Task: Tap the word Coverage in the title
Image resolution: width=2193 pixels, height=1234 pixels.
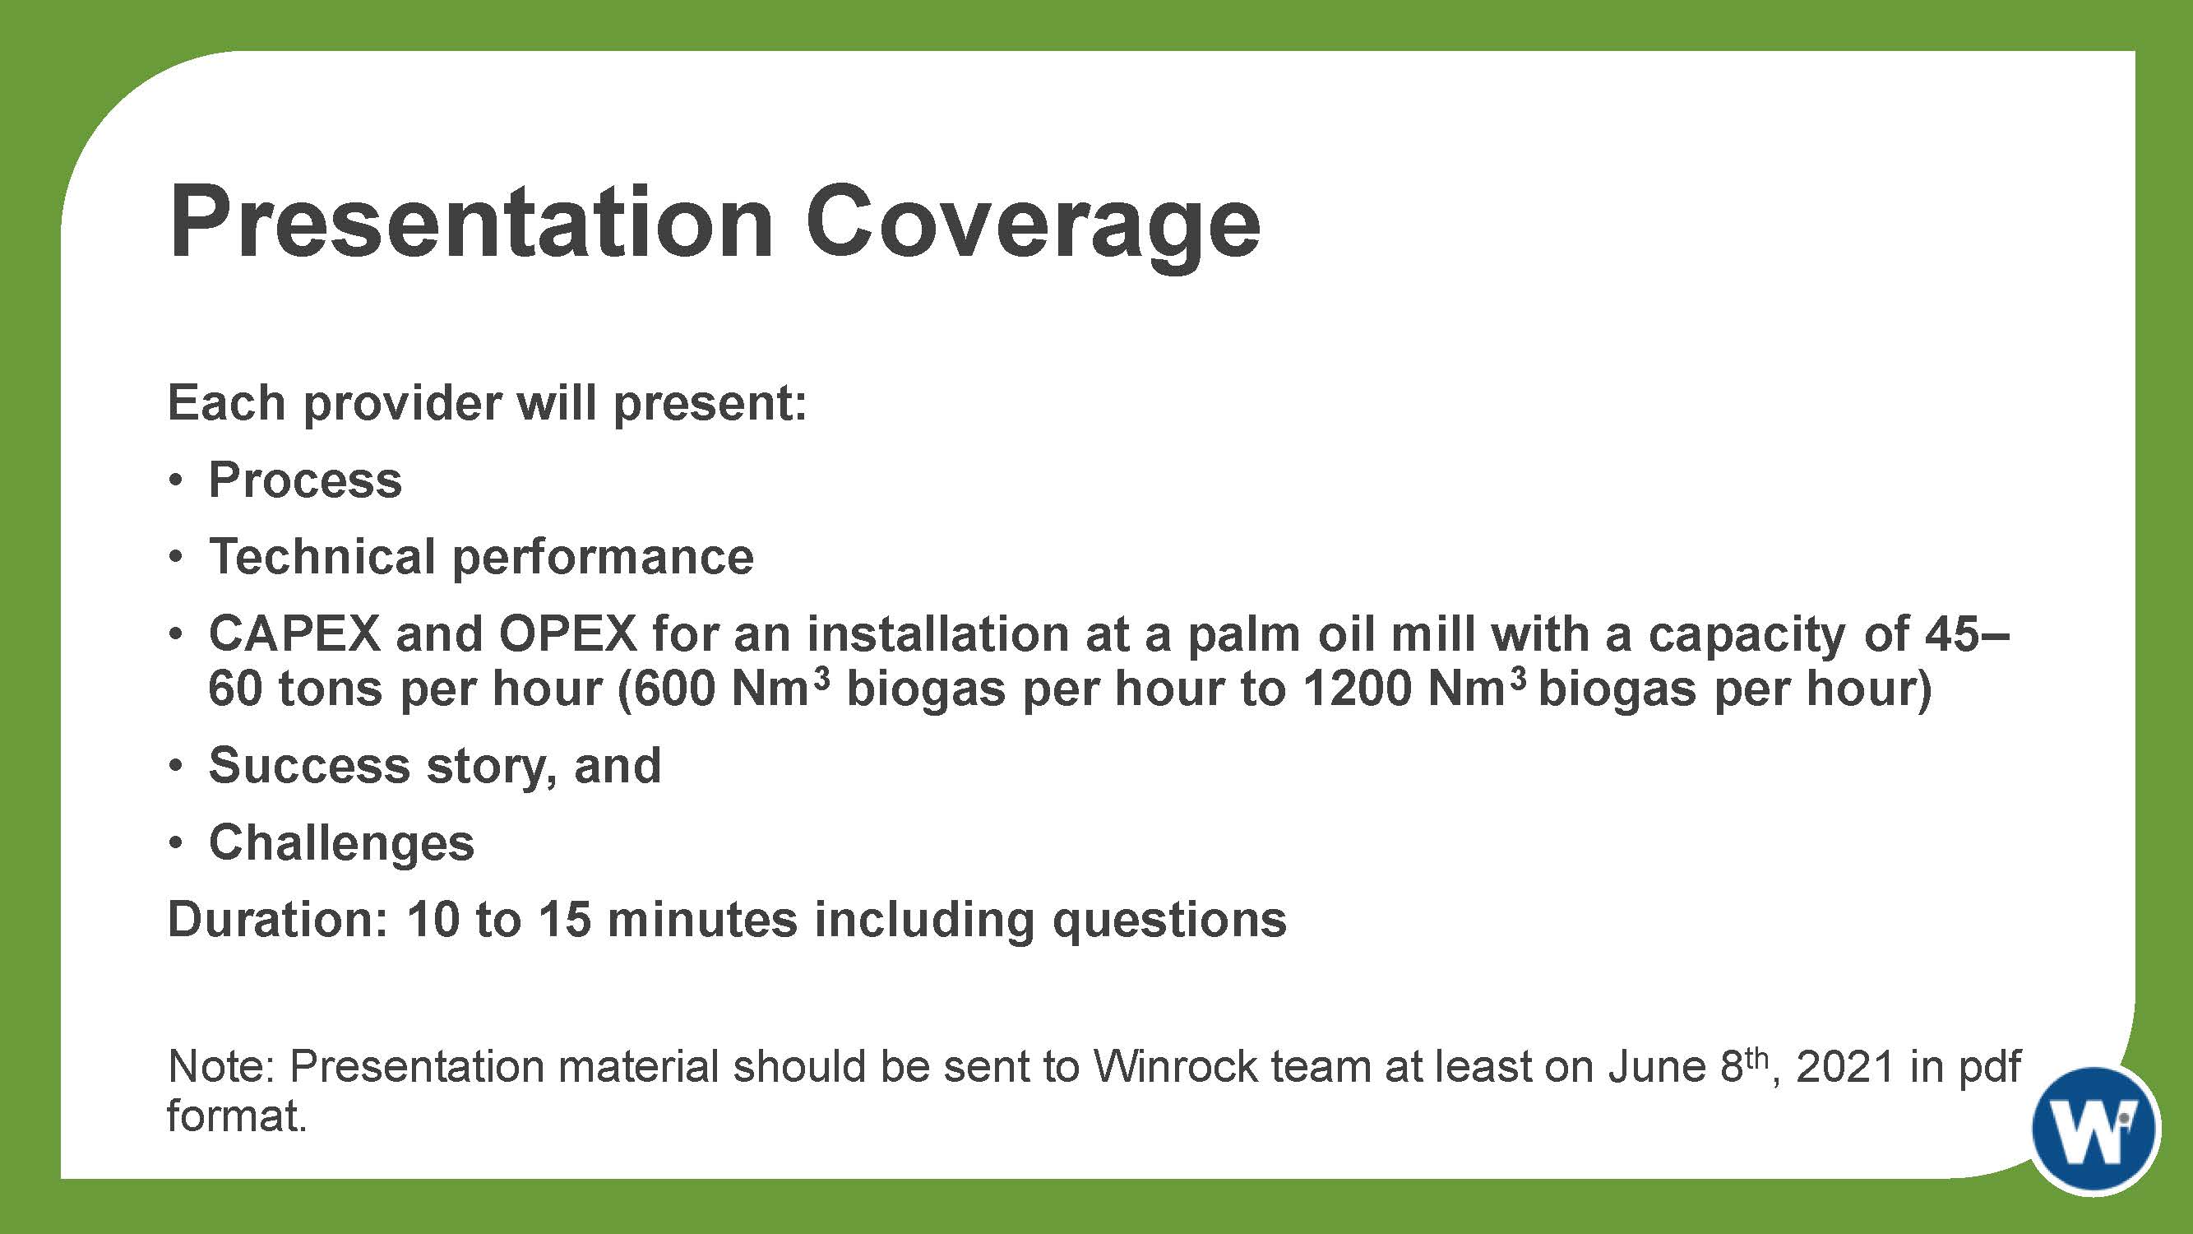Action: coord(1033,229)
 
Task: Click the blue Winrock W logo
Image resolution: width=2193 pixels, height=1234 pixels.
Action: coord(2095,1129)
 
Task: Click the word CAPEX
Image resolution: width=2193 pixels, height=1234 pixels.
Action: coord(294,633)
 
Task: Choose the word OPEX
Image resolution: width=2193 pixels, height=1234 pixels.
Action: coord(568,633)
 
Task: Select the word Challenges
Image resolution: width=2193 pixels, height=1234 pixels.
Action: coord(341,843)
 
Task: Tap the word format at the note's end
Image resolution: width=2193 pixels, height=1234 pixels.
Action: coord(237,1116)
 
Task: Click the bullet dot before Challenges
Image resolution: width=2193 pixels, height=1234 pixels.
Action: coord(175,844)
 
